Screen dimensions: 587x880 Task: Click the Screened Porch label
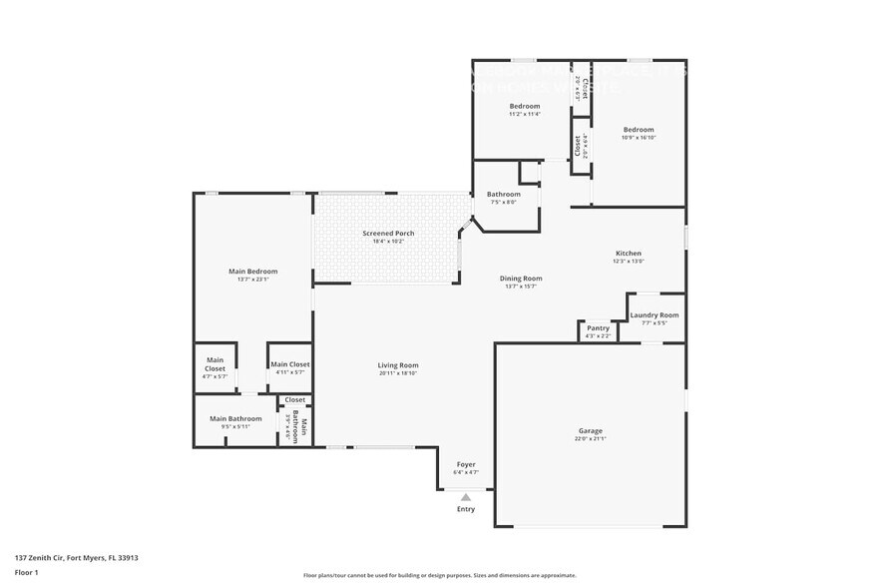pos(387,234)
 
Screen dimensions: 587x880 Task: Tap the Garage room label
pos(589,431)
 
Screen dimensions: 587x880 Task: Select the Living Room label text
pos(397,365)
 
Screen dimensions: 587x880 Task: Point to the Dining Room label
pos(521,279)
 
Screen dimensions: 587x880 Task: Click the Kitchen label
pos(628,254)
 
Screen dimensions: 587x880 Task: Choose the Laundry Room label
pos(654,315)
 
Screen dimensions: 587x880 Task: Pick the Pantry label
pos(598,328)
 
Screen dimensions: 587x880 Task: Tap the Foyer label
pos(466,464)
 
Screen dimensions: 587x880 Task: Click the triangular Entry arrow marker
pos(466,496)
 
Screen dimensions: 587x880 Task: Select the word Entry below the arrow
pos(466,509)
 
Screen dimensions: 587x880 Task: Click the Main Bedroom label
pos(253,272)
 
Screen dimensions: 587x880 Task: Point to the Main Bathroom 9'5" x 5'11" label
pos(235,419)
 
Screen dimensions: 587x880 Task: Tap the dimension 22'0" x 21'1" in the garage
pos(589,439)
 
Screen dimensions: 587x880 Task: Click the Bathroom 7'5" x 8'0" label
pos(503,195)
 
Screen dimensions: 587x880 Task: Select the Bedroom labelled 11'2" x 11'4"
pos(525,106)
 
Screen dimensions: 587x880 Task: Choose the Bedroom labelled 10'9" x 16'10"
pos(639,130)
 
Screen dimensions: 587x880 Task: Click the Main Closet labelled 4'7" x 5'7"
pos(216,364)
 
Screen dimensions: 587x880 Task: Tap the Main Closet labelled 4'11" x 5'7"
pos(290,365)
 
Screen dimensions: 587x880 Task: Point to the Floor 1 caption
pos(27,572)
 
